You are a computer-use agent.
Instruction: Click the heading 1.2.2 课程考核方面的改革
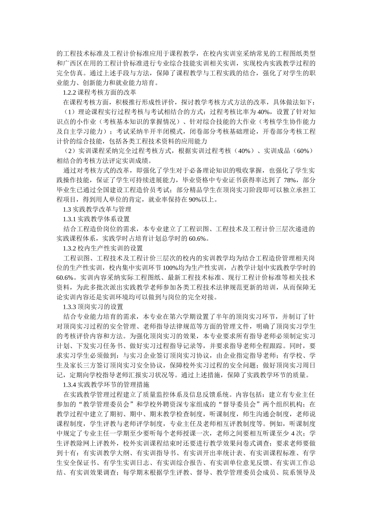pyautogui.click(x=99, y=93)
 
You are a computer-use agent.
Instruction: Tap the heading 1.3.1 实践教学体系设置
pyautogui.click(x=96, y=219)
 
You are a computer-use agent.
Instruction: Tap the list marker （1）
pyautogui.click(x=70, y=112)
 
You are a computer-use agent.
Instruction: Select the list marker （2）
pyautogui.click(x=70, y=151)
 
